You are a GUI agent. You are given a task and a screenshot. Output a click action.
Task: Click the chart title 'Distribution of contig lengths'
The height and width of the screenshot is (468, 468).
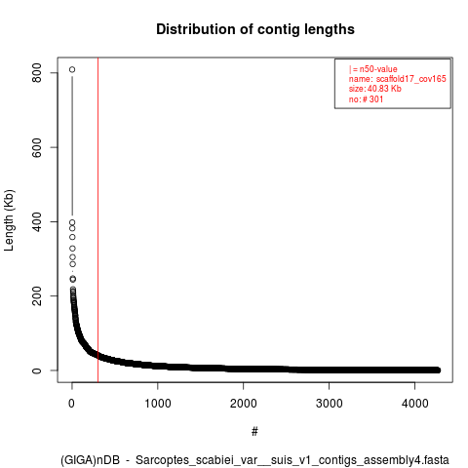click(255, 29)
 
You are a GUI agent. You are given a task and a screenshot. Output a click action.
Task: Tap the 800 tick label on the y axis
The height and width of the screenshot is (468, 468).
click(37, 73)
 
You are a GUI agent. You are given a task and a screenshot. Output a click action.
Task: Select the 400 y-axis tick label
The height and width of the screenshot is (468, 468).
click(37, 221)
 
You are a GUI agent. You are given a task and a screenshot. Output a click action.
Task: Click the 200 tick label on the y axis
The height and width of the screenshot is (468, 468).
click(37, 296)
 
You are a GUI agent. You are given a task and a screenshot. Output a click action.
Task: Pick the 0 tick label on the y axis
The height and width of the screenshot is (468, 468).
click(37, 370)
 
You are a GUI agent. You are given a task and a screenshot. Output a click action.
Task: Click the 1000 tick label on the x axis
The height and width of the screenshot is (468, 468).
click(158, 404)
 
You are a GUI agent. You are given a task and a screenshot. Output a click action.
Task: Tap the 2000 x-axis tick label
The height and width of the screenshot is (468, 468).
click(244, 404)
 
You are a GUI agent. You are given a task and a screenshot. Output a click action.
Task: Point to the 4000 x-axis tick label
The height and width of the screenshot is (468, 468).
click(415, 404)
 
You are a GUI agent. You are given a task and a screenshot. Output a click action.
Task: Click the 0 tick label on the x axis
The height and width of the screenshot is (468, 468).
click(72, 404)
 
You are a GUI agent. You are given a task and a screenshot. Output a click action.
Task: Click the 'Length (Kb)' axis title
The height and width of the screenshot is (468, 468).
click(9, 220)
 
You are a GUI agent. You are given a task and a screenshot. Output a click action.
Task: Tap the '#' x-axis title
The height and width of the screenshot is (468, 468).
click(254, 432)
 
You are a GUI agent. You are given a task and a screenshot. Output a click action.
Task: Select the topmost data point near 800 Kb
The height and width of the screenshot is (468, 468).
click(72, 69)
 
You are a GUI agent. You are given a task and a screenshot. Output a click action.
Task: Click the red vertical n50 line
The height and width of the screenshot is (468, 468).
click(97, 220)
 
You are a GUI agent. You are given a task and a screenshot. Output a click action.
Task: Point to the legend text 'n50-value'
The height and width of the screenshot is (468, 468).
click(378, 69)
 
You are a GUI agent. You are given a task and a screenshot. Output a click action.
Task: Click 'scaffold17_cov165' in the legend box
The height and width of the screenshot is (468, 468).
click(411, 79)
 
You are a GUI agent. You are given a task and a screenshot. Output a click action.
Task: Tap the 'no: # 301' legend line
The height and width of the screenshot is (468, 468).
click(366, 99)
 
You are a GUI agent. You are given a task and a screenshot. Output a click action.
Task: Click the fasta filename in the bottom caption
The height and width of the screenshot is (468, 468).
click(292, 460)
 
